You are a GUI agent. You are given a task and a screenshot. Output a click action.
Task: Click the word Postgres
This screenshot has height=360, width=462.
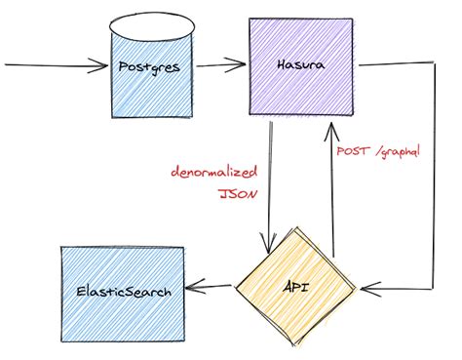pos(151,68)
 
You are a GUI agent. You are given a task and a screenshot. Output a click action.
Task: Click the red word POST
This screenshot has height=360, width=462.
pos(352,152)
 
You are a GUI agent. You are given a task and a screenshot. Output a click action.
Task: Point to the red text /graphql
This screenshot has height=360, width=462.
pos(395,152)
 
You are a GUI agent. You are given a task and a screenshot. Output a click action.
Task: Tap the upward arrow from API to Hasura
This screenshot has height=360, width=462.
pos(331,195)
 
